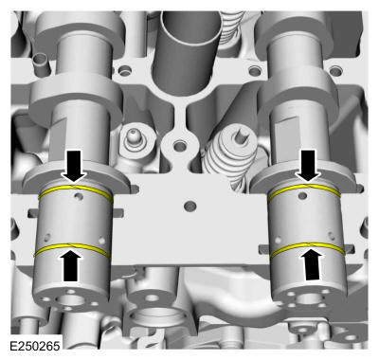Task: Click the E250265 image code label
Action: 35,346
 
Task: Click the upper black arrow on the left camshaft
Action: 74,166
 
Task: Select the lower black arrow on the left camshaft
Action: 70,264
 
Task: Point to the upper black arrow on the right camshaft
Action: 308,166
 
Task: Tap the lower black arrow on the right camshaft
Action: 313,264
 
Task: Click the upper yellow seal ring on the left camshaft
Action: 76,191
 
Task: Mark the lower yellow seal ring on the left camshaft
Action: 72,249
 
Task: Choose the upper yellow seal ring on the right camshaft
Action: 304,190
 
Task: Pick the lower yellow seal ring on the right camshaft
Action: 308,248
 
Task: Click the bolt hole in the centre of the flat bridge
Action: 189,207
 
